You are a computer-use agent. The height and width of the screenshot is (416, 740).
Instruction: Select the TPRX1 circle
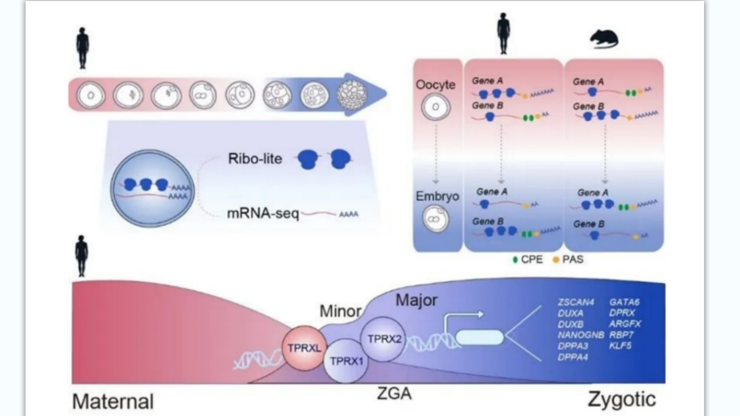346,361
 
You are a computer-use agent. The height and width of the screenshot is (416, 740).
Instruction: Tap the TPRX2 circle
382,339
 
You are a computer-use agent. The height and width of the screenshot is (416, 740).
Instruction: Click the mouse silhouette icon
604,39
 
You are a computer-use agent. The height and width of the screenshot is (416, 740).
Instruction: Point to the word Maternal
113,402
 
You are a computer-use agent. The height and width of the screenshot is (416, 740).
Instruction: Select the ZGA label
394,394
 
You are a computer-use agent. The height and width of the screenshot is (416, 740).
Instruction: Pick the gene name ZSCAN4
575,302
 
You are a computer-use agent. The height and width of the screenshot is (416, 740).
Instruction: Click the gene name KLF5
620,346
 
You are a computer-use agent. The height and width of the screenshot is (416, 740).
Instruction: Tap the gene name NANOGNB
581,335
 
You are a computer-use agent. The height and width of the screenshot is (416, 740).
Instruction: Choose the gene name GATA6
624,302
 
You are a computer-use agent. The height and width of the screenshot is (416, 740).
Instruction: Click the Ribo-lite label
255,158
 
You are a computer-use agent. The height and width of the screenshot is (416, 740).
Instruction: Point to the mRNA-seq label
263,215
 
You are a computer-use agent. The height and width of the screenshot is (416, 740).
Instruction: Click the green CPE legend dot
516,260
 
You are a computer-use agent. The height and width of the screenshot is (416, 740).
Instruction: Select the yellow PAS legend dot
556,260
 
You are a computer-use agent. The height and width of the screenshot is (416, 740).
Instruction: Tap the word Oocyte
436,85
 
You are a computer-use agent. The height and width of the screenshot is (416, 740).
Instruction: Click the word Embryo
437,196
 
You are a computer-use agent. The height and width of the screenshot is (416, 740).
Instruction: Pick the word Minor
341,311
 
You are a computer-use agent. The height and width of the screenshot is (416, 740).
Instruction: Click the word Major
416,300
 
